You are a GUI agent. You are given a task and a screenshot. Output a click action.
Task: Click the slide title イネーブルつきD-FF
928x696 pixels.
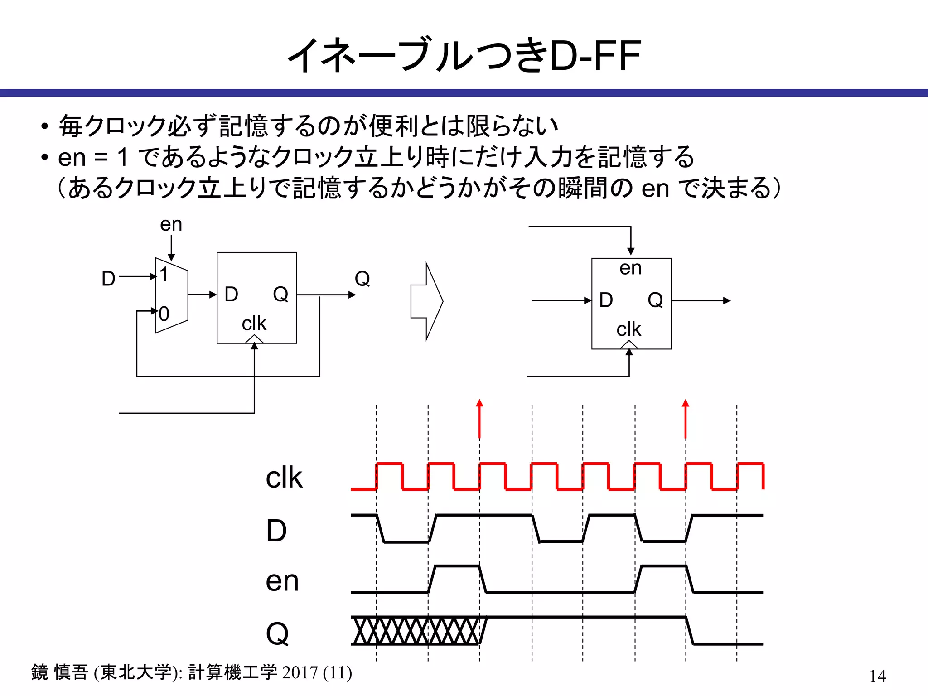(x=464, y=55)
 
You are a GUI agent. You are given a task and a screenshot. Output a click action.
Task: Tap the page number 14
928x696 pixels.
(x=878, y=676)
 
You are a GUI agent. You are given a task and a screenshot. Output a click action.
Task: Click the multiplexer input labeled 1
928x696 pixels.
(x=164, y=275)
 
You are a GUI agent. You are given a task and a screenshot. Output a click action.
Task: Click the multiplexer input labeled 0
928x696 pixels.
(x=164, y=314)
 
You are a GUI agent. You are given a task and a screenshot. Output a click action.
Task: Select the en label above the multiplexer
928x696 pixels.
(x=171, y=224)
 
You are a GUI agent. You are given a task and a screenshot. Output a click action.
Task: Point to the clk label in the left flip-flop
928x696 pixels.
(x=254, y=324)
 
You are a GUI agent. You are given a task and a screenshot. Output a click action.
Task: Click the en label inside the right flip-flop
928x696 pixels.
(x=630, y=268)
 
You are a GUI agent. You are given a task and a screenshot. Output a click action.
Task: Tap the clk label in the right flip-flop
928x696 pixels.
(x=628, y=329)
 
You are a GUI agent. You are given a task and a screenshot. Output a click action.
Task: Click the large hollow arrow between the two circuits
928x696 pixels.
(x=426, y=301)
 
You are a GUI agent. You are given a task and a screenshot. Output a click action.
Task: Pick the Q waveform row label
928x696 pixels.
(x=277, y=633)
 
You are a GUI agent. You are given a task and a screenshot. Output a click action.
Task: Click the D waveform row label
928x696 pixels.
(x=276, y=530)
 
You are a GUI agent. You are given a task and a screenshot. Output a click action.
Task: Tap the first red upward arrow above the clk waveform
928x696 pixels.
(x=479, y=419)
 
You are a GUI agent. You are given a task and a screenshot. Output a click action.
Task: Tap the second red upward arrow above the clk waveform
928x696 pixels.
(x=685, y=419)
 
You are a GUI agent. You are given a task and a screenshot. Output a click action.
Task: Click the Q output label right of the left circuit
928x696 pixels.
(x=362, y=278)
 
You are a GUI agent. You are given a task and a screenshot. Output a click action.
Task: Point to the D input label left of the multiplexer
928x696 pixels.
(x=108, y=278)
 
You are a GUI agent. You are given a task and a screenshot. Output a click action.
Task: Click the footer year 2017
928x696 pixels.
(x=300, y=672)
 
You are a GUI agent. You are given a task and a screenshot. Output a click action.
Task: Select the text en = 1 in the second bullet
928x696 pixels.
(x=93, y=158)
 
